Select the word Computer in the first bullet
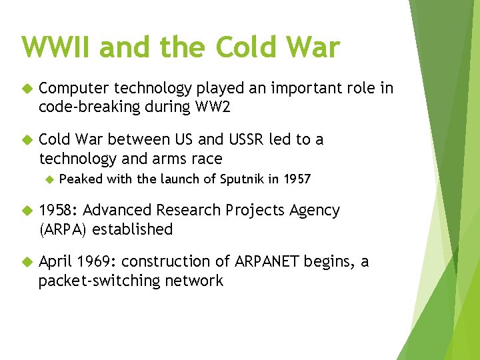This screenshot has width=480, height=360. (x=74, y=89)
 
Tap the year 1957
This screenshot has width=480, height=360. (x=297, y=179)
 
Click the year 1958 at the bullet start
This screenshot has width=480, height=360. (x=58, y=211)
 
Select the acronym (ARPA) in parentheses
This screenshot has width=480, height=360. (x=63, y=229)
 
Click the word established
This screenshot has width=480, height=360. (x=133, y=229)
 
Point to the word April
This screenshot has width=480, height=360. (x=55, y=262)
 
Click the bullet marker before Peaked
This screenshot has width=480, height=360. (x=48, y=179)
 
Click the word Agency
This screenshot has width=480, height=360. (x=315, y=211)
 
